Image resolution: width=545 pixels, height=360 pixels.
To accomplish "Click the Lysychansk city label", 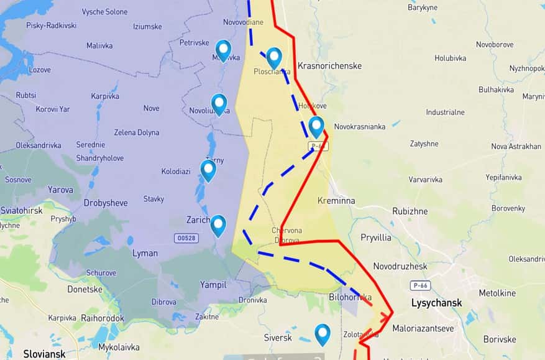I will tap(436, 303).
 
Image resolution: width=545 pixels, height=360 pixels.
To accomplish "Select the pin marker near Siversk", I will tap(322, 334).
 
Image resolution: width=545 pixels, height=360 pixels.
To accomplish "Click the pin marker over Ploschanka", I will tap(274, 57).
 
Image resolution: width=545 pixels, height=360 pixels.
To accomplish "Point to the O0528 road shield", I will tap(187, 238).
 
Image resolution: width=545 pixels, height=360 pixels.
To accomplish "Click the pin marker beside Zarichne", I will tap(218, 225).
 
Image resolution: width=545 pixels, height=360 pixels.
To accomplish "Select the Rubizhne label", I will tap(410, 211).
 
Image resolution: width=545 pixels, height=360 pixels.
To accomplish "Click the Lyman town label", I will tap(145, 253).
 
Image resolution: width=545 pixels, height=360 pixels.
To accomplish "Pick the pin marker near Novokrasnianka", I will tap(316, 126).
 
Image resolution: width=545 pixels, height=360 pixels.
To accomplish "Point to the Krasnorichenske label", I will tap(329, 65).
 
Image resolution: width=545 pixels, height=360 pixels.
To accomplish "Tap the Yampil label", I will tap(213, 284).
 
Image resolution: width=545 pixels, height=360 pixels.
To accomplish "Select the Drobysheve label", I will tap(105, 203).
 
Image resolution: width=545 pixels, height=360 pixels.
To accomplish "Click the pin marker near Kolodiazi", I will tap(208, 170).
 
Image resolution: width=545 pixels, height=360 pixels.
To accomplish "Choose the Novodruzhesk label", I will tap(400, 266).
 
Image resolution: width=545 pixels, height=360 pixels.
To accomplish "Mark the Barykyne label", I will tap(423, 7).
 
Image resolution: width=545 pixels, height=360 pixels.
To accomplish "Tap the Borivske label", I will tap(499, 339).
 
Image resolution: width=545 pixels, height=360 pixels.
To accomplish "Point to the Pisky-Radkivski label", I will tap(52, 25).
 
